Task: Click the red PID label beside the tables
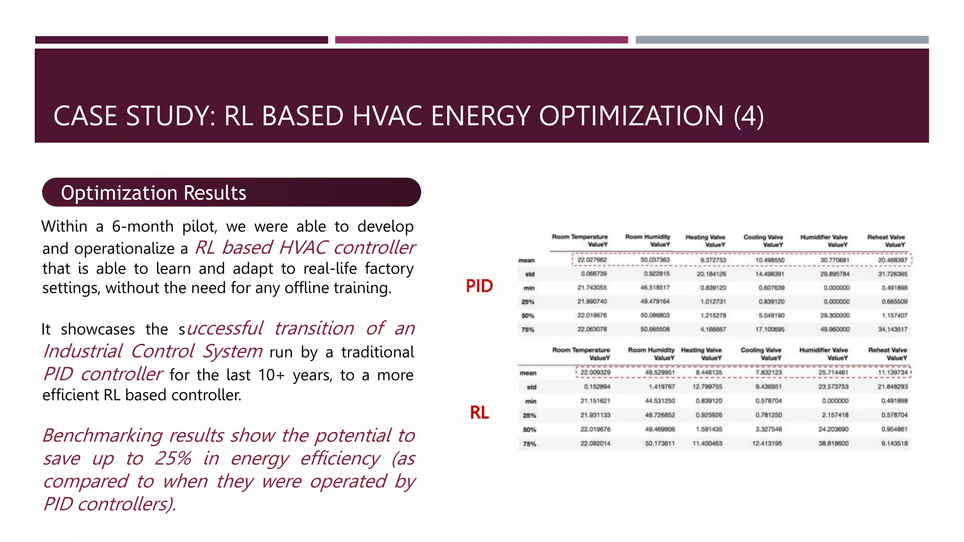[479, 286]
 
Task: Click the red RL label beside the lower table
[479, 413]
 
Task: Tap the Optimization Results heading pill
[231, 192]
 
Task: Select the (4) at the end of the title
[748, 116]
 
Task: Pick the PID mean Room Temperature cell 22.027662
[592, 260]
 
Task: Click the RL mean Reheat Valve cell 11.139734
[892, 373]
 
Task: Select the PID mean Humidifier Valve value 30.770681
[835, 260]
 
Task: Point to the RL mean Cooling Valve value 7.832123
[768, 373]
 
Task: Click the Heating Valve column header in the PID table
[705, 241]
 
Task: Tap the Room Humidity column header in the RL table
[651, 354]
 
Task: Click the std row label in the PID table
[530, 274]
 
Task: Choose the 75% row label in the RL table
[529, 444]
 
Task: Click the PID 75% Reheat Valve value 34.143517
[892, 329]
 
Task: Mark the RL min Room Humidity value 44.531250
[659, 401]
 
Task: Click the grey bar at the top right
[782, 40]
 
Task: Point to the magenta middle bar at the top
[481, 40]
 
